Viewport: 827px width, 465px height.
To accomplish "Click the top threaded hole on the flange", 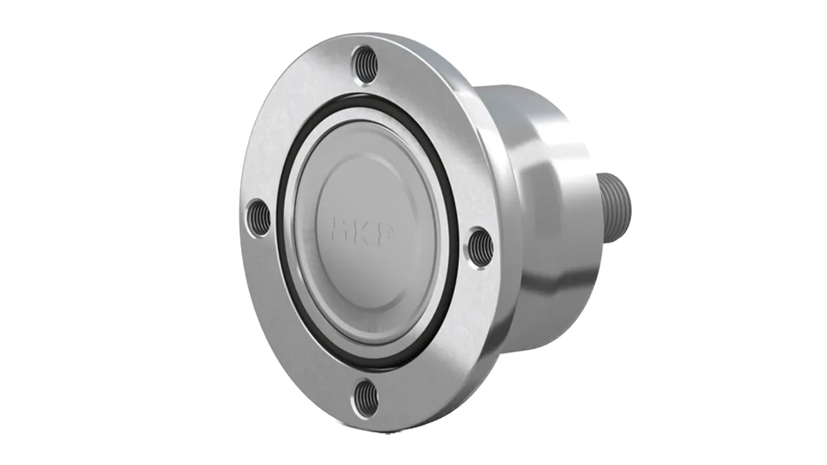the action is click(365, 64).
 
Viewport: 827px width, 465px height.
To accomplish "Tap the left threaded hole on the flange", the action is click(258, 217).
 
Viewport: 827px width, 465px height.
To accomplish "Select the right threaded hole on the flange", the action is click(482, 247).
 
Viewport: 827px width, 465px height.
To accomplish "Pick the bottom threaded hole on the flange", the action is click(365, 400).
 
